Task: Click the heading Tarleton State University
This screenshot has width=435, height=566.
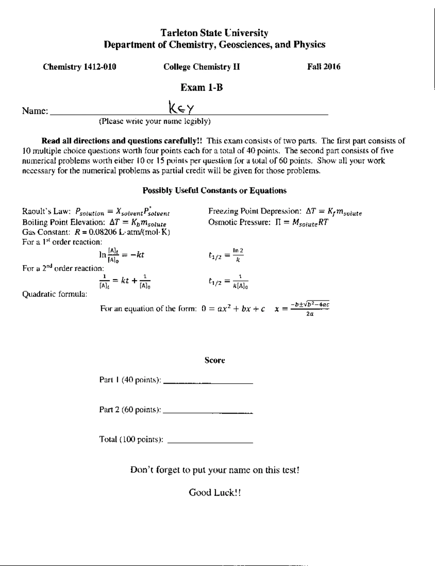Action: (x=214, y=33)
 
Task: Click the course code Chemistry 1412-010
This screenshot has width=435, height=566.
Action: (x=79, y=67)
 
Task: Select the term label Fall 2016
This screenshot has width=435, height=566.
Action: (x=324, y=67)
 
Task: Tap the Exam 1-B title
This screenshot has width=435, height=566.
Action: (x=202, y=87)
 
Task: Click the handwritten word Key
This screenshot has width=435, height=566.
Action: (x=182, y=108)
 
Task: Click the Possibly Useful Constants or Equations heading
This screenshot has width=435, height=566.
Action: (x=214, y=190)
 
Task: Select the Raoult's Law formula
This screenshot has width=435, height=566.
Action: (x=123, y=212)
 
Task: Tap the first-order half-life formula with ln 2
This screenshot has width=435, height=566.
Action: (x=226, y=255)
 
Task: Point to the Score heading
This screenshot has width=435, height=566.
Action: (x=215, y=360)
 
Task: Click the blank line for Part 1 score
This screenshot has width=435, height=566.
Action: (x=208, y=382)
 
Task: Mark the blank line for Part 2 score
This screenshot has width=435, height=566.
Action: (x=208, y=412)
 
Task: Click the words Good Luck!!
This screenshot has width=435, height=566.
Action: (x=215, y=492)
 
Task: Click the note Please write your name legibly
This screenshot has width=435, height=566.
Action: (x=155, y=121)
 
